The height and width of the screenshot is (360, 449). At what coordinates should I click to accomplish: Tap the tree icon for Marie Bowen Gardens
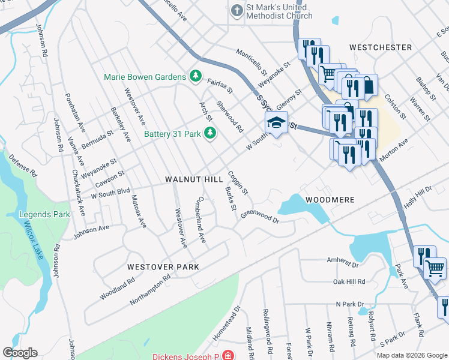(x=194, y=76)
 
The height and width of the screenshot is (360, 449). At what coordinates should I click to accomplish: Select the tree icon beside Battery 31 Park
(x=209, y=133)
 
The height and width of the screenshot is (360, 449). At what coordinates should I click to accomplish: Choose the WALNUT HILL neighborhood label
(x=190, y=179)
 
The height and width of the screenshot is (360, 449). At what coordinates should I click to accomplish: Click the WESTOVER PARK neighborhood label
(x=163, y=266)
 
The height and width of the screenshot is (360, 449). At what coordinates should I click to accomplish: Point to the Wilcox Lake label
(x=32, y=241)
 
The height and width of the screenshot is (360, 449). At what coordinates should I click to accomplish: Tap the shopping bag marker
(x=366, y=86)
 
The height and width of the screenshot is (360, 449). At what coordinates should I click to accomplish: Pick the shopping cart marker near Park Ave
(x=435, y=269)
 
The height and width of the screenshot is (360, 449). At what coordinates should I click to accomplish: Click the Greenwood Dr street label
(x=260, y=215)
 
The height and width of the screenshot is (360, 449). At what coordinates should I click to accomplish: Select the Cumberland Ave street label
(x=200, y=220)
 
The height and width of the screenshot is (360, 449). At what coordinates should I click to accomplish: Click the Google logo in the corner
(x=20, y=353)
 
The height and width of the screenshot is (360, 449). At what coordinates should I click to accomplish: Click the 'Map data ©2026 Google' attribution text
(x=411, y=355)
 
